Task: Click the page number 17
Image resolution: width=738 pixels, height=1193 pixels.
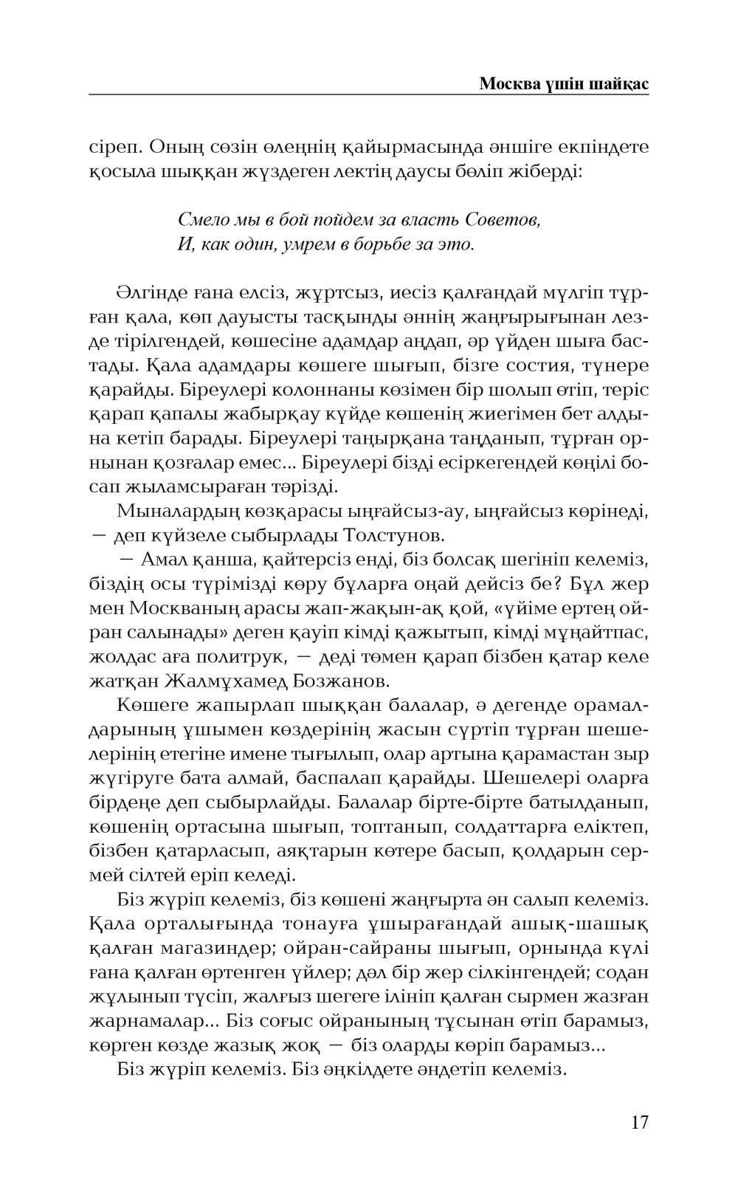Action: (x=639, y=1123)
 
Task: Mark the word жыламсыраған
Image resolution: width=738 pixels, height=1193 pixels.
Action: (x=191, y=487)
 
